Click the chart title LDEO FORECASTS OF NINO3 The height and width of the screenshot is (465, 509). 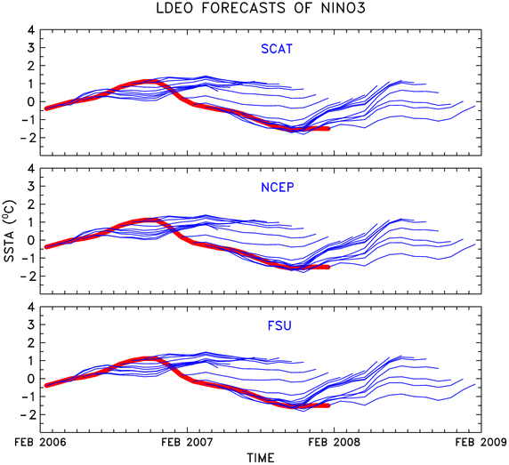pos(261,8)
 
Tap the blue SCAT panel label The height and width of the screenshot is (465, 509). pos(277,49)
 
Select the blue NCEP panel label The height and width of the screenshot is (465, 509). pos(278,188)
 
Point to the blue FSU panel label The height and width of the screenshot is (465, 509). pos(279,325)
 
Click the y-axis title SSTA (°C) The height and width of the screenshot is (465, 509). pos(9,231)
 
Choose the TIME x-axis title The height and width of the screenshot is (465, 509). pos(261,458)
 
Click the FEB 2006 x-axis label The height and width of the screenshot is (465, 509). pos(40,442)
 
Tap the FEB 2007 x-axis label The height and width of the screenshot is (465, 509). pos(187,442)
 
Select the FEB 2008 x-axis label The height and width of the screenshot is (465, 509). pos(334,442)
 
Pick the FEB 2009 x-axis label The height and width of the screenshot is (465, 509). pos(481,442)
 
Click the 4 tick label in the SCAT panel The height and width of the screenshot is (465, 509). pos(31,30)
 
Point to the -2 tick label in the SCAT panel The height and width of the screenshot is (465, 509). pos(28,138)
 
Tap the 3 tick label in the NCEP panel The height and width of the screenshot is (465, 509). pos(31,186)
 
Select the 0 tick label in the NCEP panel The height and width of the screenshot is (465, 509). pos(31,240)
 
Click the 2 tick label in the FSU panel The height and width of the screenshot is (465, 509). pos(31,342)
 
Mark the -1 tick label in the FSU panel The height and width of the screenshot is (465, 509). pos(28,397)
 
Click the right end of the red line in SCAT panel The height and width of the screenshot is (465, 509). pos(328,128)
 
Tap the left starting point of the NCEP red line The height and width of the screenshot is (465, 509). pos(46,247)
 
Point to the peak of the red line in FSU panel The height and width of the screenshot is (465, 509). pos(150,358)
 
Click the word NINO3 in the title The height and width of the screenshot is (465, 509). pos(343,8)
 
